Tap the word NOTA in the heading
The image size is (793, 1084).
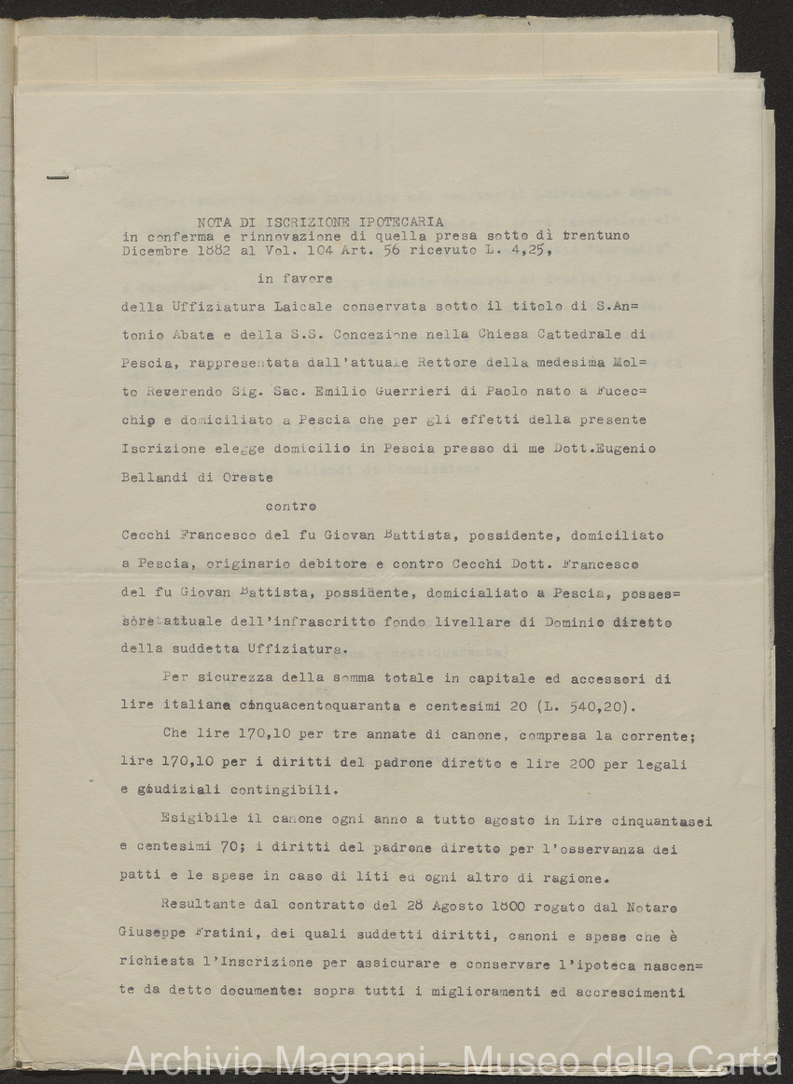pos(216,222)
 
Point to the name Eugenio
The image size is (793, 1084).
pos(619,449)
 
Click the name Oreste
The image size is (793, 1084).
pos(245,478)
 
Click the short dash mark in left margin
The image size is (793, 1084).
pos(58,175)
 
